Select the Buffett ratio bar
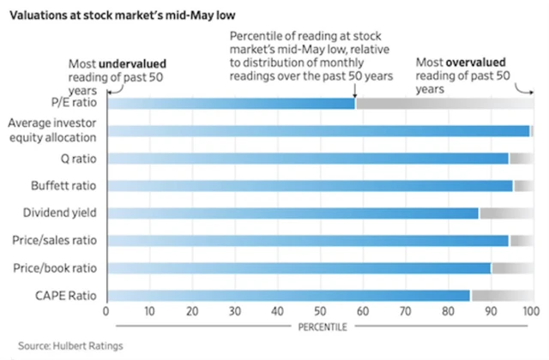click(x=309, y=185)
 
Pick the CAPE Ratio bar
click(x=287, y=295)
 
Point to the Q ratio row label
click(x=76, y=158)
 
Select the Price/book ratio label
click(x=56, y=267)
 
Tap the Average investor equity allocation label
click(x=52, y=130)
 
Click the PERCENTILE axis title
click(x=320, y=327)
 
